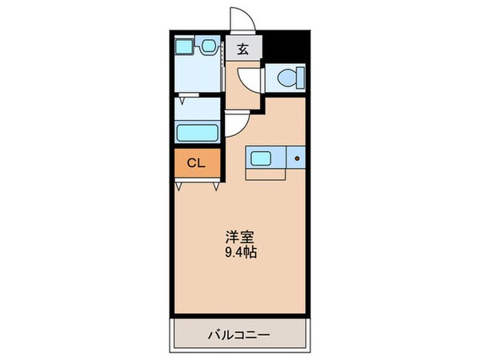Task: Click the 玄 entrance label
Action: pos(242,48)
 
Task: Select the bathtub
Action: pos(198,132)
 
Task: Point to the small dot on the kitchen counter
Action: pos(296,158)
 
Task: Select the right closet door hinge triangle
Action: pos(217,186)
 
